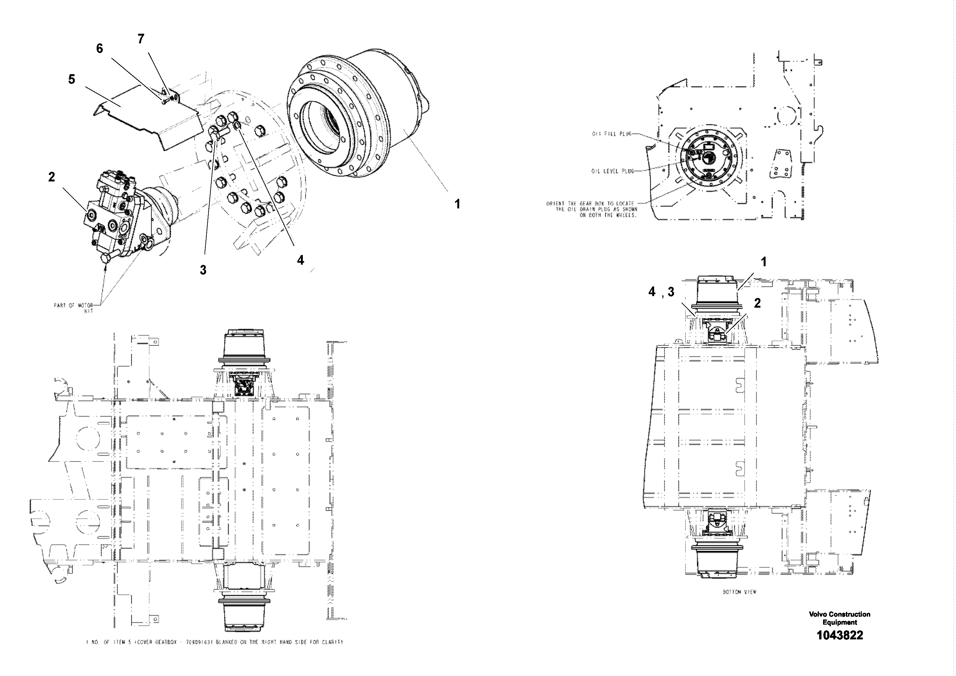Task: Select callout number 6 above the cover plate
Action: click(100, 49)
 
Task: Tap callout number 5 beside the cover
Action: click(72, 79)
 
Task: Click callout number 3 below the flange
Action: click(203, 270)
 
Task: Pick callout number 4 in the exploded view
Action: click(300, 260)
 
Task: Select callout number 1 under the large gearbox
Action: click(457, 204)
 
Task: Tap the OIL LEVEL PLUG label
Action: click(612, 171)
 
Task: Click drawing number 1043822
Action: click(839, 635)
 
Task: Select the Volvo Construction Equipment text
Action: click(839, 618)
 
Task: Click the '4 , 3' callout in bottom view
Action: click(661, 292)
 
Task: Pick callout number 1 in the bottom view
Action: click(763, 262)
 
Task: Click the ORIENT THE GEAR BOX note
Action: click(592, 209)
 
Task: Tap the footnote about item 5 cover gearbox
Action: click(215, 642)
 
